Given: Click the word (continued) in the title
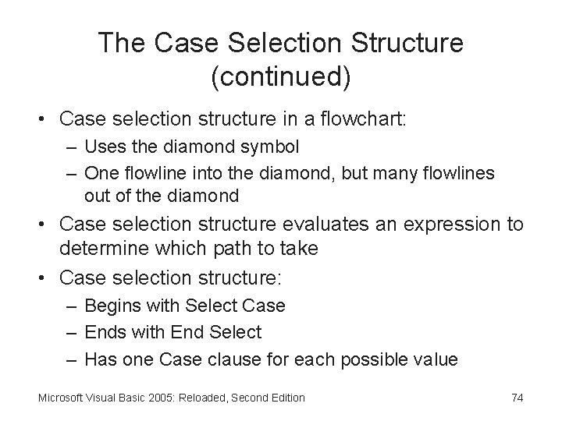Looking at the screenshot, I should click(x=281, y=77).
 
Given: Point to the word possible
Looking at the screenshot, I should click(x=377, y=359).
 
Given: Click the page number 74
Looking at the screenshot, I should click(x=517, y=398).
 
